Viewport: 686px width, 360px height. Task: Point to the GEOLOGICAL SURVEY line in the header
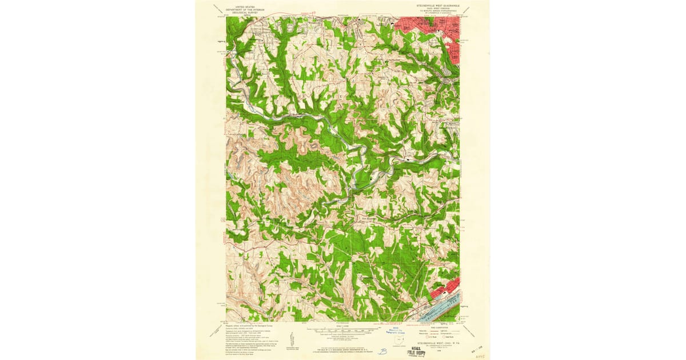pyautogui.click(x=241, y=11)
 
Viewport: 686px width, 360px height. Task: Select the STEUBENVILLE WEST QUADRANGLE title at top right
pyautogui.click(x=435, y=5)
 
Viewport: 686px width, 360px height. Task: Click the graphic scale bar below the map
pyautogui.click(x=342, y=330)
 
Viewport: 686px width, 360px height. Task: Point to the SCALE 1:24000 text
pyautogui.click(x=342, y=326)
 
